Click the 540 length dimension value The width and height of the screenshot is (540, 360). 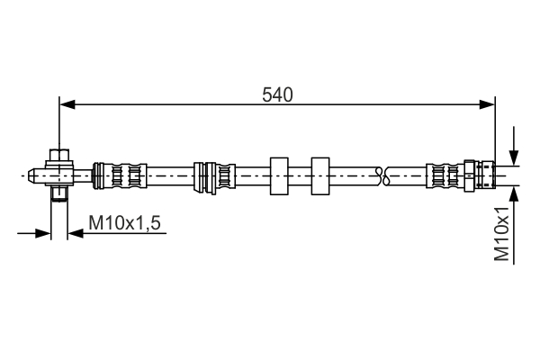(277, 94)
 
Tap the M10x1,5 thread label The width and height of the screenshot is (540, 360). (125, 223)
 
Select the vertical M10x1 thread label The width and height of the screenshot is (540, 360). (501, 234)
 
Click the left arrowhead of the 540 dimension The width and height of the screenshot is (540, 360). (67, 104)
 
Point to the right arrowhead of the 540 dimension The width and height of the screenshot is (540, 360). (487, 104)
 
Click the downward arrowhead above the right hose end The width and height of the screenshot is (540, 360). (514, 157)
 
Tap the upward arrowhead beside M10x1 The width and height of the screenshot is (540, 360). (514, 194)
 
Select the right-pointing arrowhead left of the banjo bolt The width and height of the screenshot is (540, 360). (43, 234)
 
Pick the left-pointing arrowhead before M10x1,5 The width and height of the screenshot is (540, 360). (76, 234)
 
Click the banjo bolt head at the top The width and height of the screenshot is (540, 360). (59, 155)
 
